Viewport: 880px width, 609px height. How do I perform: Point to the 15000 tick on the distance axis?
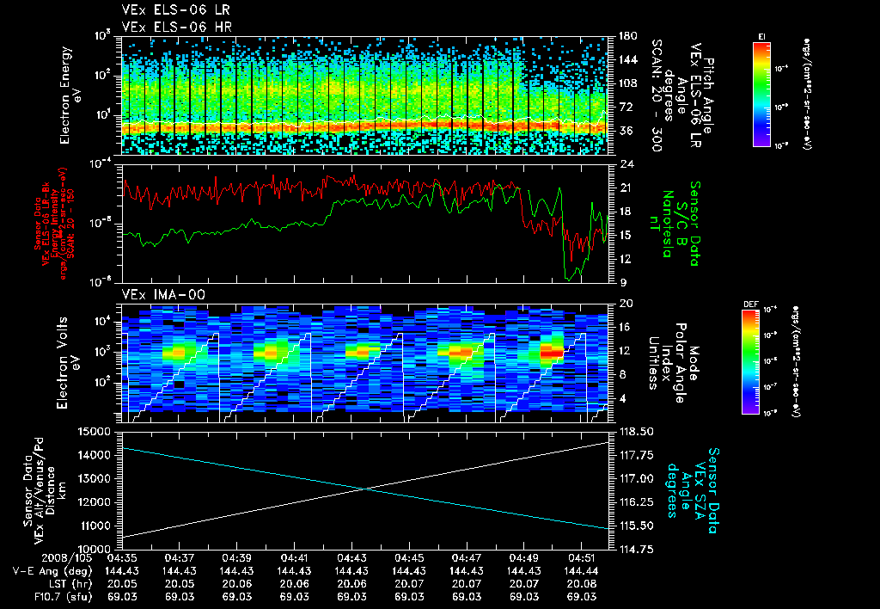(x=95, y=432)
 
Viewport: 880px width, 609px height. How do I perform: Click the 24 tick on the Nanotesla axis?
(x=626, y=163)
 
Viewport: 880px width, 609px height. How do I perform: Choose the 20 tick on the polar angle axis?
(x=626, y=304)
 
